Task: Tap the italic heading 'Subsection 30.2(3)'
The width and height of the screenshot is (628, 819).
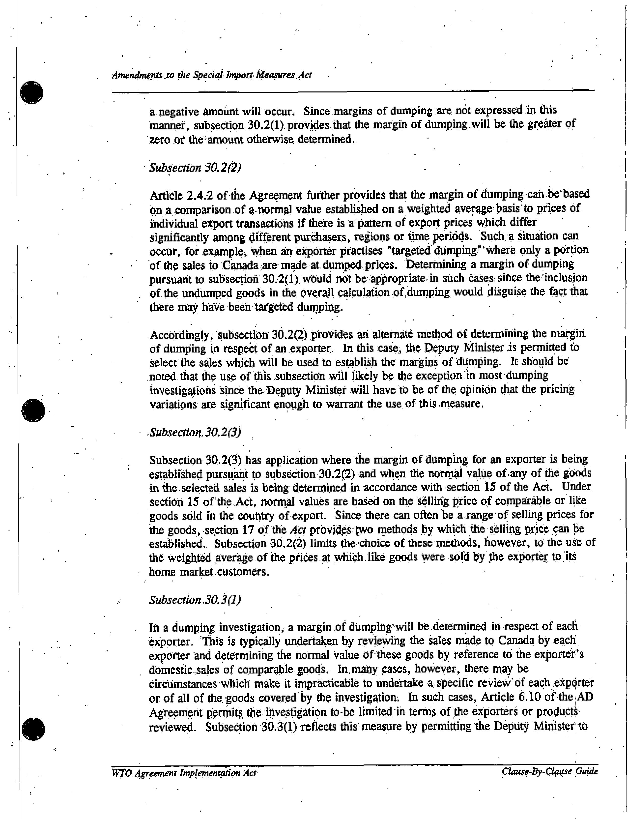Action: (195, 433)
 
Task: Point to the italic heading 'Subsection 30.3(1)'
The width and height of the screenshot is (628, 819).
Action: (195, 600)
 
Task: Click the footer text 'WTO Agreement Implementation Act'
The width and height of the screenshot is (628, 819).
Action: (184, 773)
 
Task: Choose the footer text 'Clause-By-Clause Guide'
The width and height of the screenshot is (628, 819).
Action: (549, 771)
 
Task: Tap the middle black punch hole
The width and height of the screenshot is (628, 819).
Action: (33, 411)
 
